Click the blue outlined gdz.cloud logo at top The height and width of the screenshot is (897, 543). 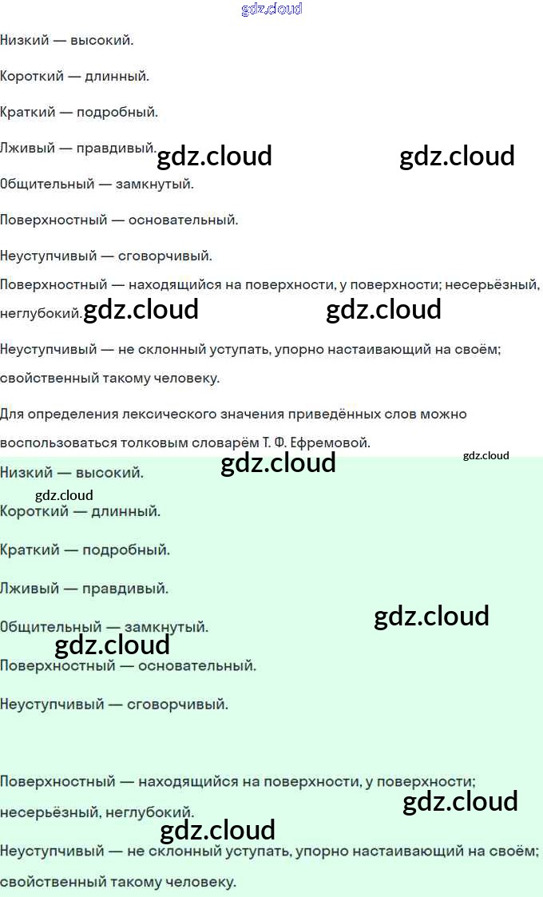pyautogui.click(x=271, y=10)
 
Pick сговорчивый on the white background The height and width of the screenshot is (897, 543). pyautogui.click(x=165, y=256)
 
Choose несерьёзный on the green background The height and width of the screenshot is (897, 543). pyautogui.click(x=46, y=812)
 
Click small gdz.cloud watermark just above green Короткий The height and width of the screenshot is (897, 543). pyautogui.click(x=64, y=495)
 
